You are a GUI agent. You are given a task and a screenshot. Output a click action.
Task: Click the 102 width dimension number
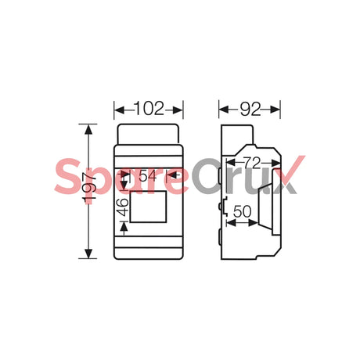pos(149,109)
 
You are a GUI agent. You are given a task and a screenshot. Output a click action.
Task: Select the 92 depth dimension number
pos(250,109)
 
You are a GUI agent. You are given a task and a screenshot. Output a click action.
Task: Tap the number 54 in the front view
pos(148,176)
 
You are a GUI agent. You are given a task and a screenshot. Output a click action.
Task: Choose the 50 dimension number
pos(242,211)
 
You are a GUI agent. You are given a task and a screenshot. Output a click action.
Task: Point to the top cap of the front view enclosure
pos(149,132)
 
